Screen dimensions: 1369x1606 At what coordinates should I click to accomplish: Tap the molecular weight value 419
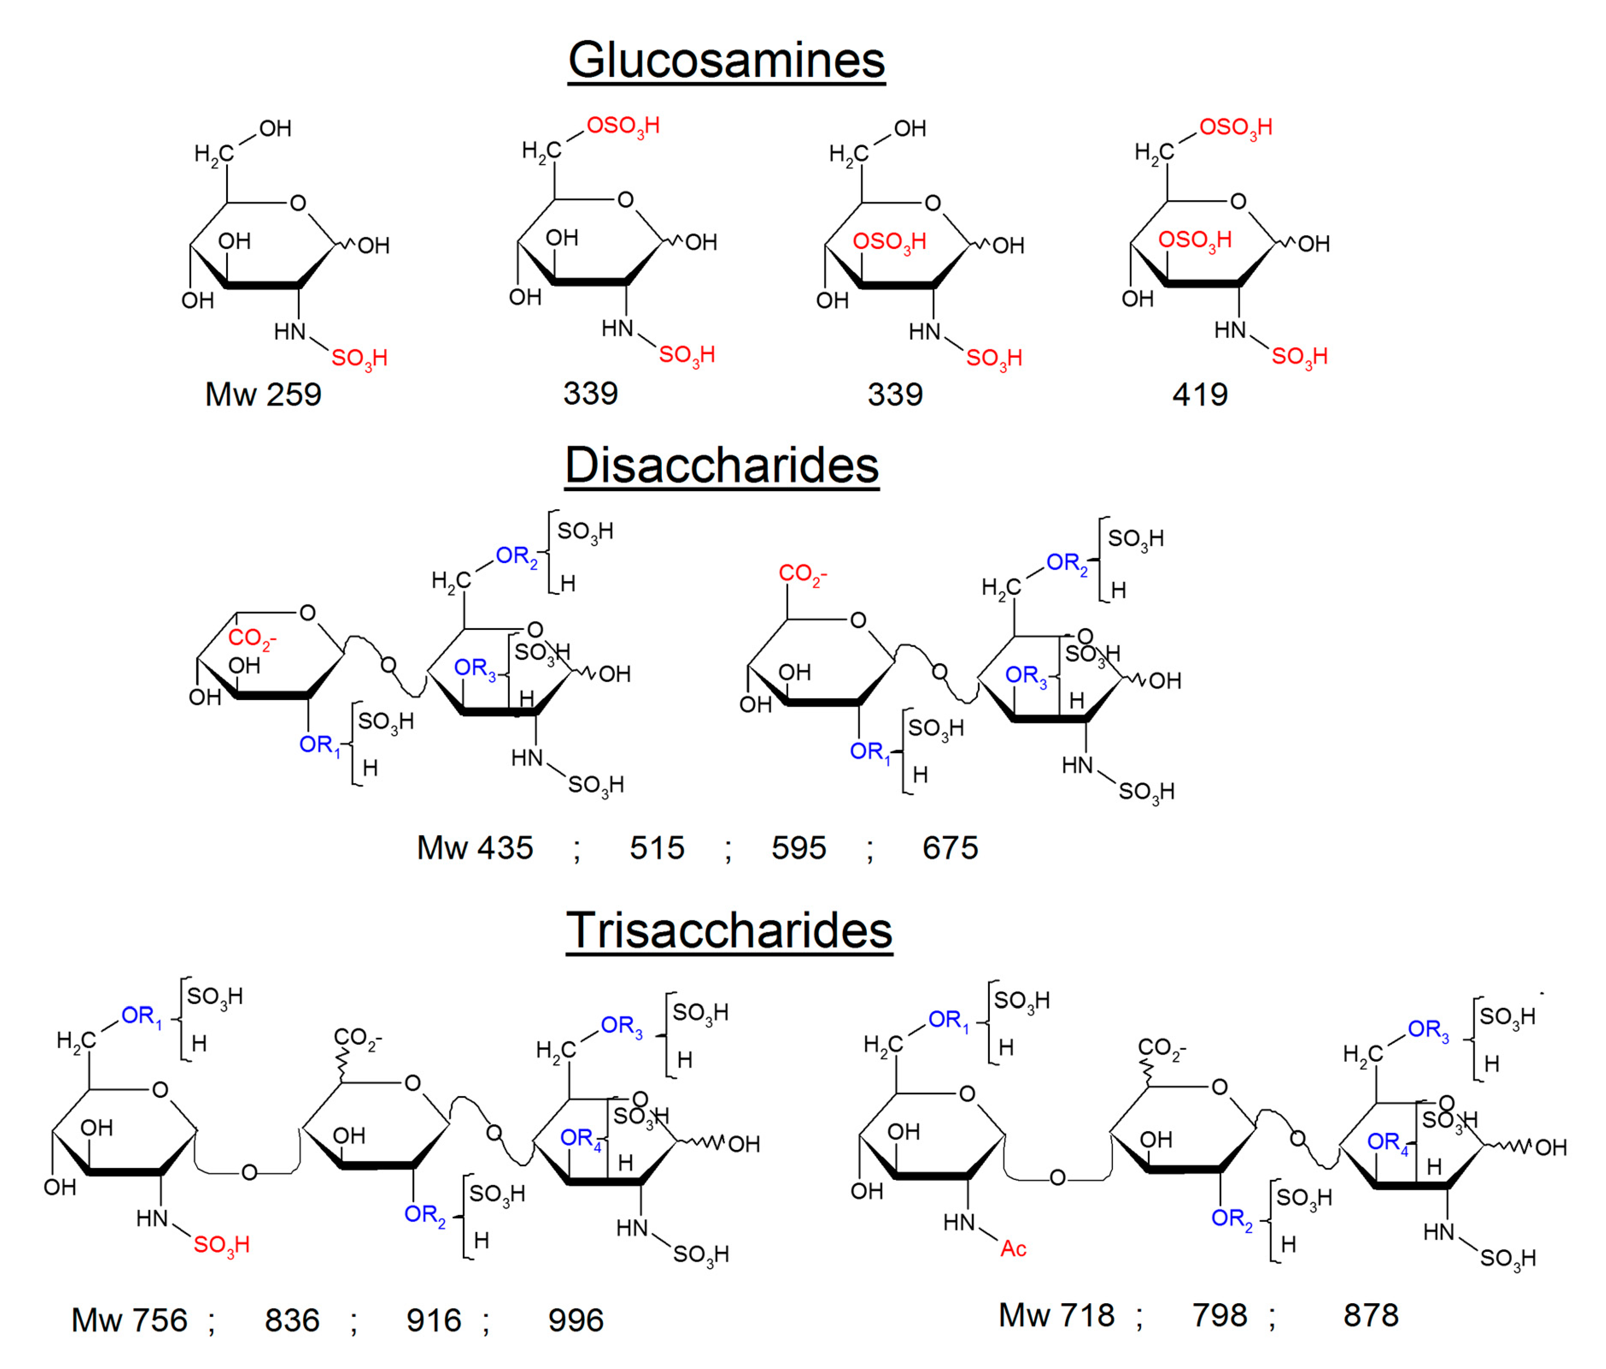pos(1200,394)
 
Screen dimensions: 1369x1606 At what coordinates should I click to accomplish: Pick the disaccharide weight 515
pos(657,848)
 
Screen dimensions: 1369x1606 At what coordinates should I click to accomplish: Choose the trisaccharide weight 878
pos(1370,1315)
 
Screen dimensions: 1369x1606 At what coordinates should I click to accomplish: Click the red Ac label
pos(1013,1249)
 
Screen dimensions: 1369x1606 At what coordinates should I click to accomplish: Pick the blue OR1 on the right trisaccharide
pos(948,1020)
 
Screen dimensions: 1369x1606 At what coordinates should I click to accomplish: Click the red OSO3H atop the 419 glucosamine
pos(1235,127)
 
